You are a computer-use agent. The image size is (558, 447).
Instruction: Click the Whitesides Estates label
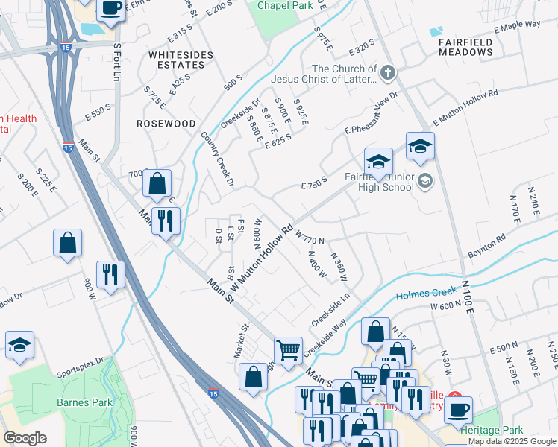pos(181,60)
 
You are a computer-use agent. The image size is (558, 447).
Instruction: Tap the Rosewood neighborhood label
pos(166,124)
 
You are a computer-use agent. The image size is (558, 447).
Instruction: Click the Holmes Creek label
pos(424,294)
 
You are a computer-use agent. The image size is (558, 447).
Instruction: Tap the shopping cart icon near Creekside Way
pos(288,348)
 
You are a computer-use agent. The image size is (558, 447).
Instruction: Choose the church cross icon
pos(386,73)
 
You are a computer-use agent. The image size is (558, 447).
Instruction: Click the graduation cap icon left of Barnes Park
pos(19,344)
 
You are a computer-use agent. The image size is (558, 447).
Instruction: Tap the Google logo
pos(24,438)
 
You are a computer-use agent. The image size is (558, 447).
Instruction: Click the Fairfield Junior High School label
pos(378,182)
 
